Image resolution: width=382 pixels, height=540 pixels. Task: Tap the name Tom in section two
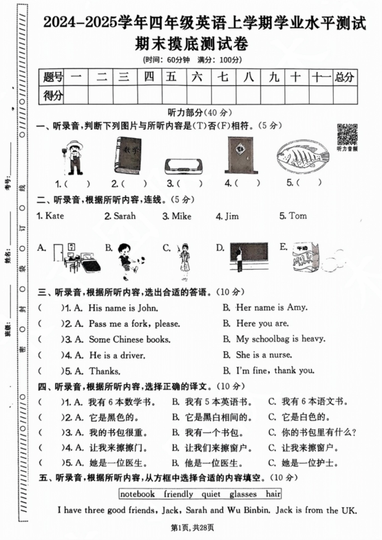click(x=298, y=216)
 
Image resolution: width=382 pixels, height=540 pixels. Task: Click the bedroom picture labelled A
click(x=74, y=259)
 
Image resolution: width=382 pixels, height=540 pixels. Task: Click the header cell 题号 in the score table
click(x=54, y=78)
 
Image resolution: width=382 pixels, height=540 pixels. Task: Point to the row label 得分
click(x=54, y=96)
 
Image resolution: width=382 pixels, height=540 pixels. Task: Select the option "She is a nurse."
click(x=265, y=354)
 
